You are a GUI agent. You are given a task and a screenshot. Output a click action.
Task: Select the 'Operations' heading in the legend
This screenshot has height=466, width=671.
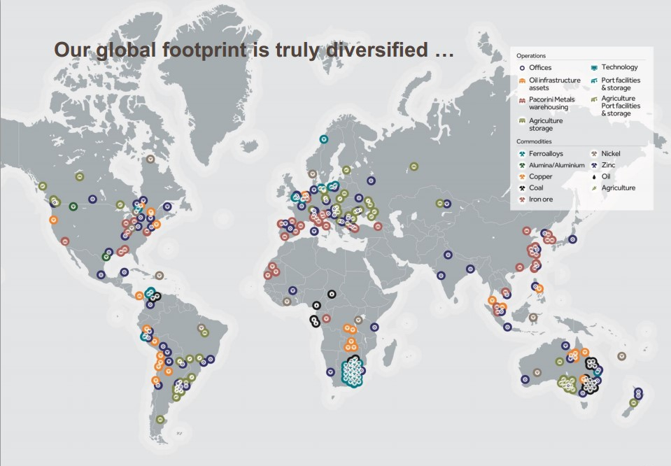pos(531,55)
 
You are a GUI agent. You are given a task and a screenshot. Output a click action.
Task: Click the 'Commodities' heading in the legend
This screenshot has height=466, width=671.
pos(535,141)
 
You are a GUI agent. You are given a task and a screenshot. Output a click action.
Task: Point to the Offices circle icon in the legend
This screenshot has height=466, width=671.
pos(522,68)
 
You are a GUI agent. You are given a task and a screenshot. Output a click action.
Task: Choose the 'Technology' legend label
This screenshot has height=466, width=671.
pos(619,67)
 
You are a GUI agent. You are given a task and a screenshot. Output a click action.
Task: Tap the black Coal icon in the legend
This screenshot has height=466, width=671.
pos(522,188)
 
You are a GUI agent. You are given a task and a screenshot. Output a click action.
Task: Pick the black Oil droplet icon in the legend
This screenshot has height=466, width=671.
pos(593,176)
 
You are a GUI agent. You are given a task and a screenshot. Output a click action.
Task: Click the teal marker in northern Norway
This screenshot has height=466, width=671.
pos(324,139)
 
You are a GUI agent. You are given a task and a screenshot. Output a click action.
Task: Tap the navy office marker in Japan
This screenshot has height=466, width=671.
pos(572,239)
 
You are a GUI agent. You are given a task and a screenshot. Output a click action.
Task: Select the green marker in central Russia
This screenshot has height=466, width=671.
pos(414,167)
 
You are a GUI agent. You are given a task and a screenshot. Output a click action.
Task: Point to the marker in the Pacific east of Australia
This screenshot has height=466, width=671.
pos(621,356)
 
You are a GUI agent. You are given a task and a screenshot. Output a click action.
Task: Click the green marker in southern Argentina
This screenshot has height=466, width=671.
pos(161,420)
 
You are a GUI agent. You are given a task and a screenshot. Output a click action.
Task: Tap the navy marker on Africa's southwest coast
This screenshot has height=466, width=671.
pos(330,372)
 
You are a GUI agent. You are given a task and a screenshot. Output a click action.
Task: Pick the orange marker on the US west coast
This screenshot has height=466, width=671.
pos(53,220)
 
